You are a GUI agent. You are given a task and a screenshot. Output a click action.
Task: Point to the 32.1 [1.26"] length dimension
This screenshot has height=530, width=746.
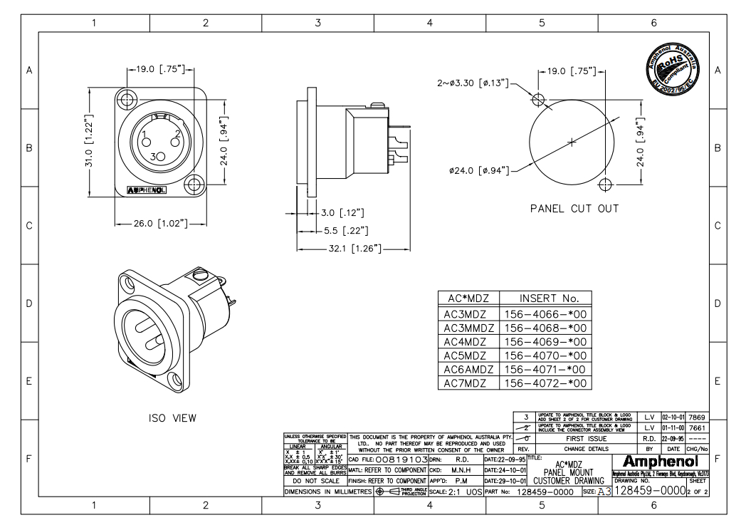tap(344, 249)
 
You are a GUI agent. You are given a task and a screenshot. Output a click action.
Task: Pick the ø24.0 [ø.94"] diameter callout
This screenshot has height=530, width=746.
tap(478, 170)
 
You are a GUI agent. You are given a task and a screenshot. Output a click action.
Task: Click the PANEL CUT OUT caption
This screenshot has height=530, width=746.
tap(574, 209)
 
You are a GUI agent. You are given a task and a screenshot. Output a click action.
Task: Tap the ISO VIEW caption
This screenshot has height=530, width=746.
tap(172, 417)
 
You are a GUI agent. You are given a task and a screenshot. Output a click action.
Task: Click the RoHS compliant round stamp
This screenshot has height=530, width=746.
tap(673, 63)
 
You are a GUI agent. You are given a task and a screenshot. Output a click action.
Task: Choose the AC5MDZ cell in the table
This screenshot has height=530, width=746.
tap(466, 355)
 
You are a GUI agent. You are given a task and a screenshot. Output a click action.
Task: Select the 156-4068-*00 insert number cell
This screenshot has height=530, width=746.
tap(546, 328)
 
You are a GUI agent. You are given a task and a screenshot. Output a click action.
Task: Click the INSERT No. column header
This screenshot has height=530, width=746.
tap(546, 298)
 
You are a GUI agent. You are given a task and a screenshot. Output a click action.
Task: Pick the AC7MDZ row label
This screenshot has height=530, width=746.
tap(466, 383)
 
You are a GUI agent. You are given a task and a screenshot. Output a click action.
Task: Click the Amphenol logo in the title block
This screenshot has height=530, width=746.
tap(666, 461)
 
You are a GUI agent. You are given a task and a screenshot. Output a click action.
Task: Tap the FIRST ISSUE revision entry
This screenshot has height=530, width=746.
tap(585, 439)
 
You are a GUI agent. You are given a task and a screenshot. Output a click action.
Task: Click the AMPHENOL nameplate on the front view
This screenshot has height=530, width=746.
tap(146, 190)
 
